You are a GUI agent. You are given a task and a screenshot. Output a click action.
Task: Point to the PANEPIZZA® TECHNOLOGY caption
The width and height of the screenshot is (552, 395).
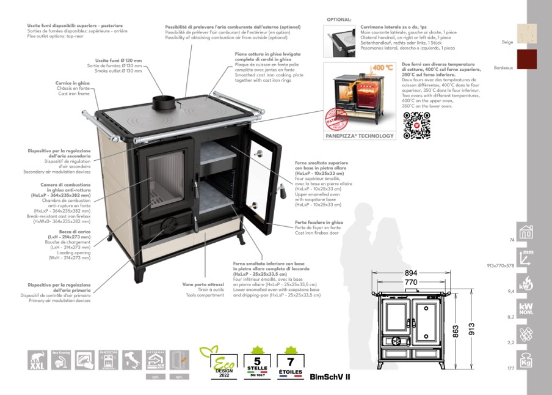pyautogui.click(x=358, y=136)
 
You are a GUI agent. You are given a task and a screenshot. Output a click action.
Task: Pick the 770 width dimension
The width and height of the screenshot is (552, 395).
pyautogui.click(x=410, y=282)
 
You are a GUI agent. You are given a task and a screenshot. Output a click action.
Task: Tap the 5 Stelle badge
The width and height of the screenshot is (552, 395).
pyautogui.click(x=257, y=361)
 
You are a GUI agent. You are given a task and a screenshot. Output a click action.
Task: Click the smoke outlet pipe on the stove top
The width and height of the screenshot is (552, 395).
pyautogui.click(x=164, y=105)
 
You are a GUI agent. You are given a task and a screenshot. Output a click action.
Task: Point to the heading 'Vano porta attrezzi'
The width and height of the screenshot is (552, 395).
pyautogui.click(x=203, y=284)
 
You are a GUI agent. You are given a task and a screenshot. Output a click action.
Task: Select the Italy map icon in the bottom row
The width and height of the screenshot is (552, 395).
pyautogui.click(x=131, y=360)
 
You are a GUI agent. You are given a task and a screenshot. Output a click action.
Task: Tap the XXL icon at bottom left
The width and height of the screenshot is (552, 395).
pyautogui.click(x=38, y=360)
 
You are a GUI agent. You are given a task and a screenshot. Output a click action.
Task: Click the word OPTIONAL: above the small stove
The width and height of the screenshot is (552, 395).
pyautogui.click(x=339, y=20)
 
